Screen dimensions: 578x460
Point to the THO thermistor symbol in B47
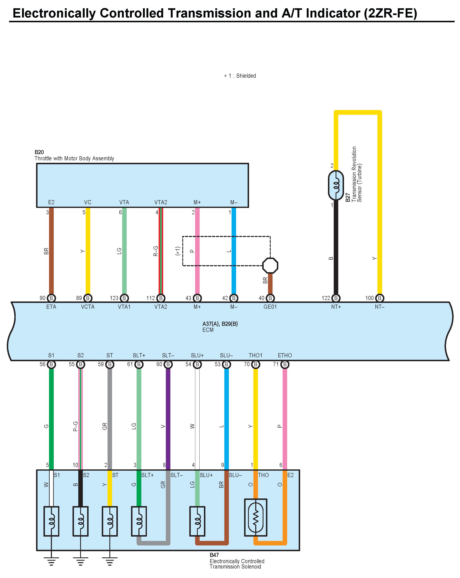255,517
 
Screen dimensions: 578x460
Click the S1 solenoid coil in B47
51,521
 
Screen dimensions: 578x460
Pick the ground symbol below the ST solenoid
110,561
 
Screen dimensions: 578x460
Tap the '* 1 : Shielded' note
240,76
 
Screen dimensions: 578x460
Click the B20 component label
39,152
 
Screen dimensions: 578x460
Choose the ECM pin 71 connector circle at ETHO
285,364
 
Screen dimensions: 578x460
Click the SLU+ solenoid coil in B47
197,521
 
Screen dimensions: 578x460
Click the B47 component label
214,555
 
